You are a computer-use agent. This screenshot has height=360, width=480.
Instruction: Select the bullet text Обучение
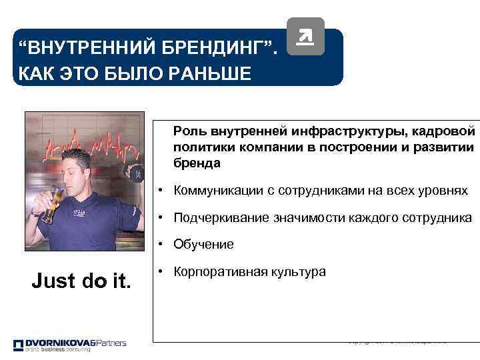coord(203,245)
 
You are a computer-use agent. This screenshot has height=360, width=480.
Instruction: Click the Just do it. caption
coord(82,280)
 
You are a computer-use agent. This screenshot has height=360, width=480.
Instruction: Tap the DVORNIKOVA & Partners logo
coord(70,344)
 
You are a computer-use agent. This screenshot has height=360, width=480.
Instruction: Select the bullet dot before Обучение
coord(161,245)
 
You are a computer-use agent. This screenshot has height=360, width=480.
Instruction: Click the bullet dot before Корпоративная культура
coord(161,272)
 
